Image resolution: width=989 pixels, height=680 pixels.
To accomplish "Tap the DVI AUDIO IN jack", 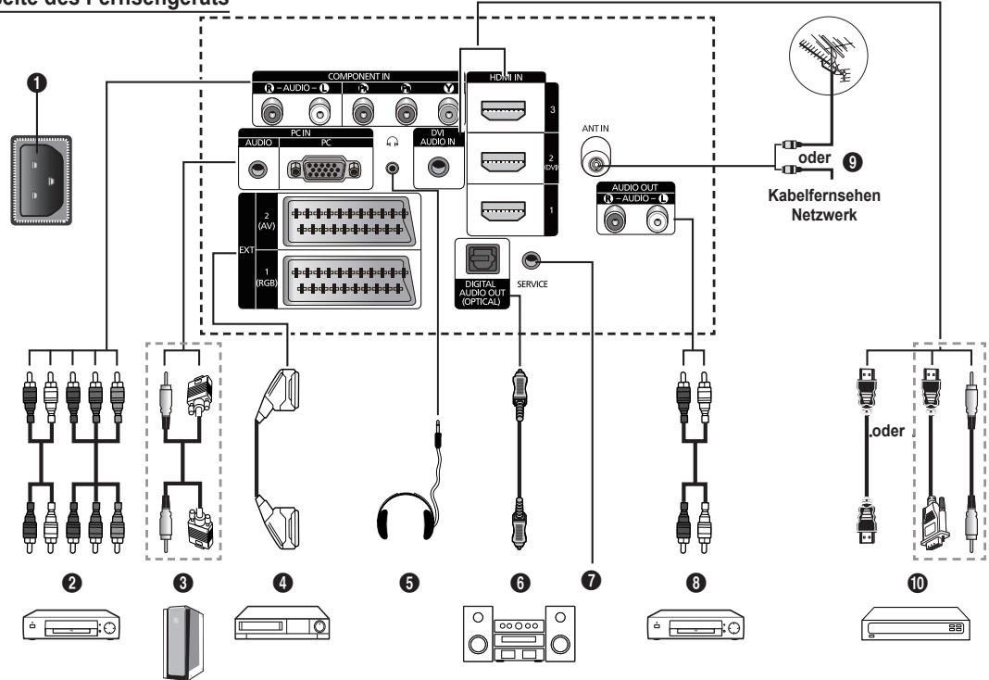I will pos(436,166).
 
